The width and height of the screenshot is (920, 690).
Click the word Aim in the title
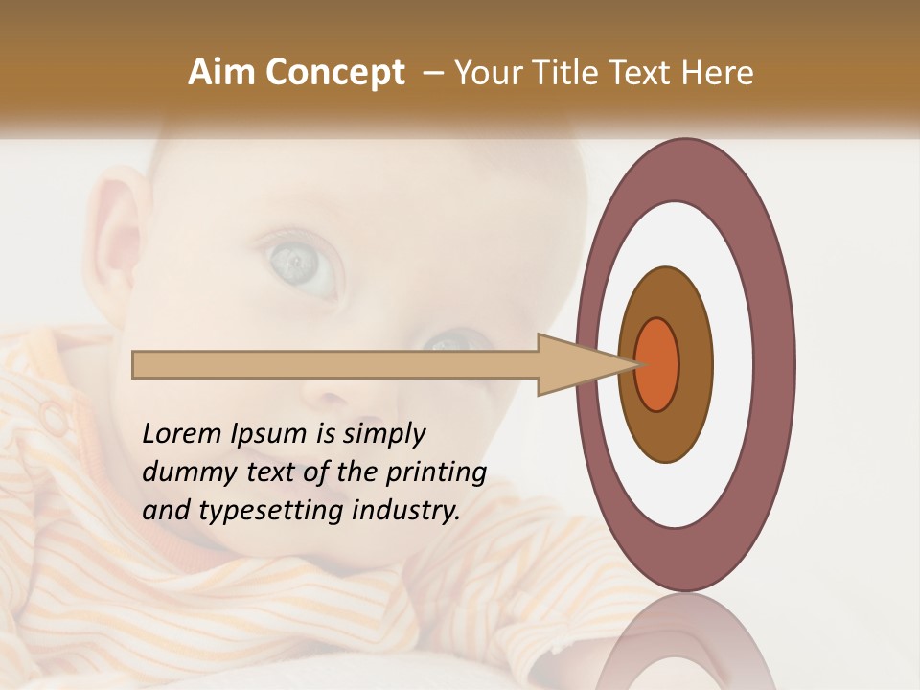pyautogui.click(x=221, y=73)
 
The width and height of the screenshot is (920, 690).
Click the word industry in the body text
pyautogui.click(x=406, y=510)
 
